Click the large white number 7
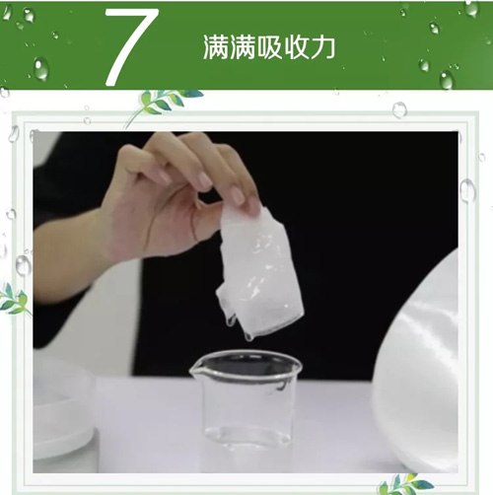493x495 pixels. click(x=131, y=46)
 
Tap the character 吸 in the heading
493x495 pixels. click(x=269, y=47)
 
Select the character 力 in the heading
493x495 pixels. click(x=322, y=47)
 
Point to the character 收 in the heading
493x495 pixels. click(x=296, y=47)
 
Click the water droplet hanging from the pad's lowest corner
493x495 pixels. click(x=249, y=336)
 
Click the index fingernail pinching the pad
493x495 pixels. click(x=238, y=195)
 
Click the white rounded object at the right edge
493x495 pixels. click(x=417, y=362)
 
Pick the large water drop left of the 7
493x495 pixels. click(x=41, y=69)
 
